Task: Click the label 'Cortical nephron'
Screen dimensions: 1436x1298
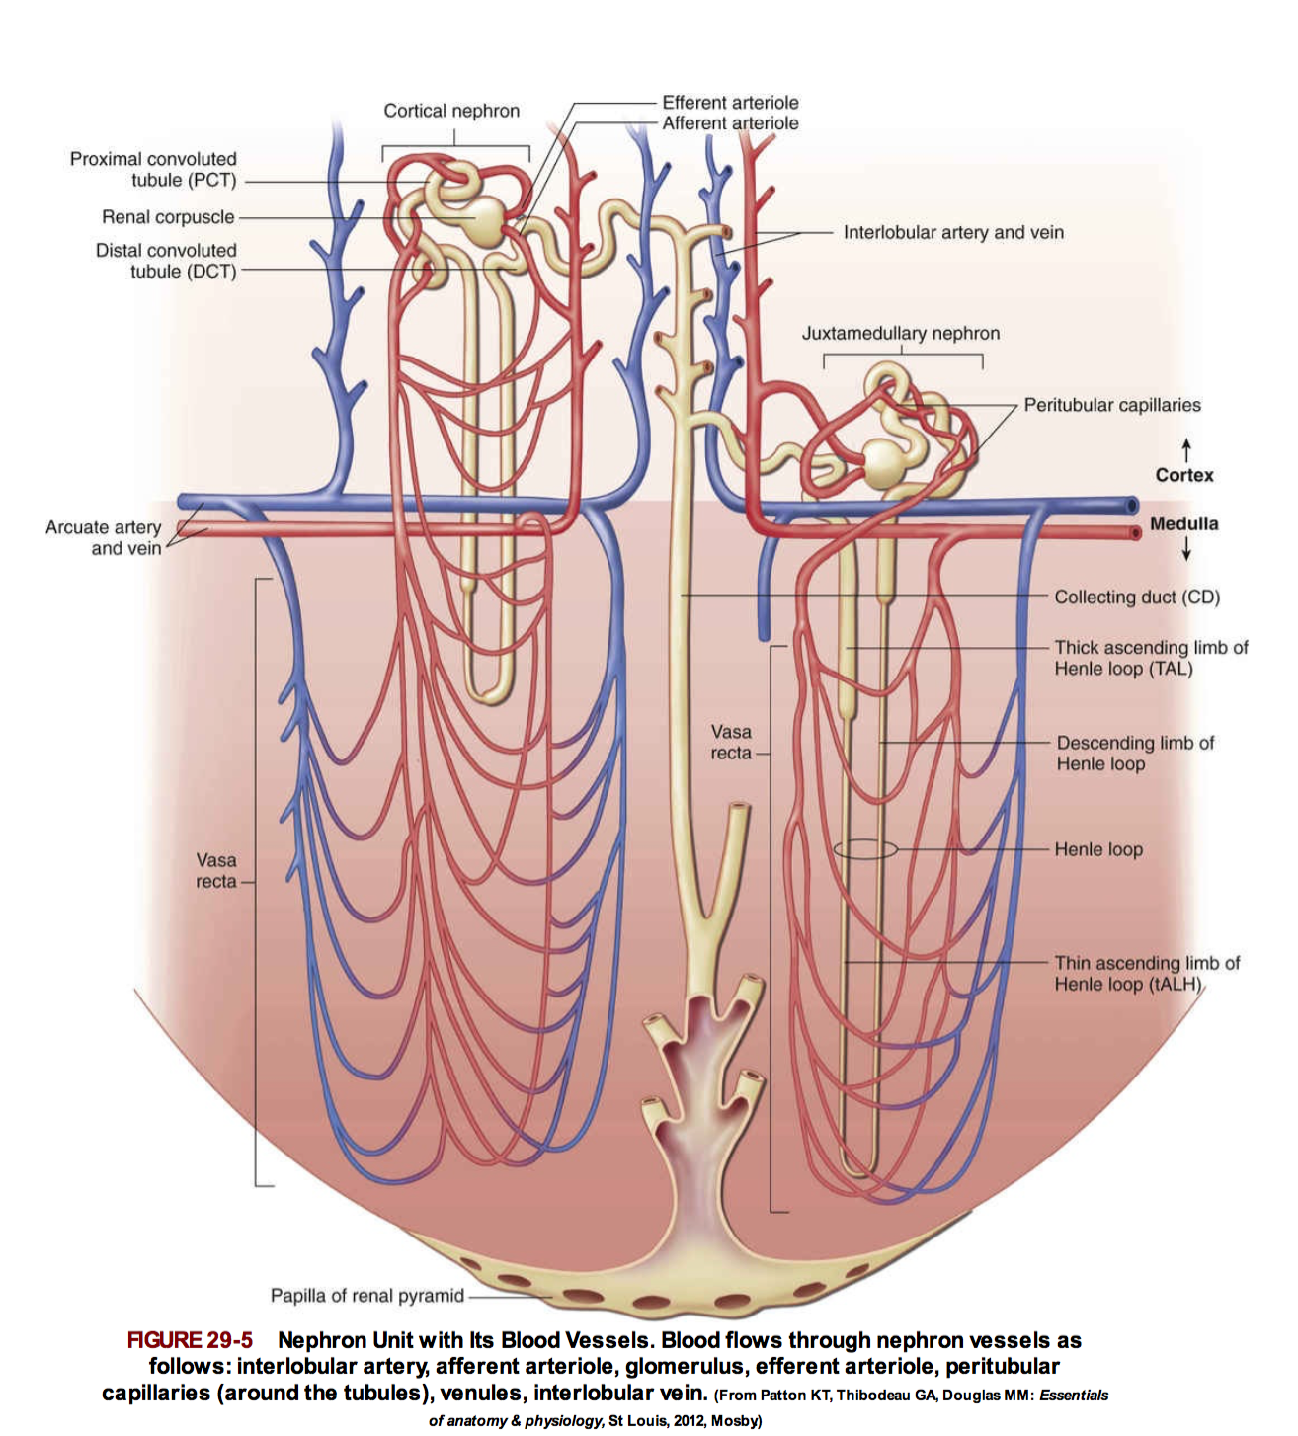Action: (451, 111)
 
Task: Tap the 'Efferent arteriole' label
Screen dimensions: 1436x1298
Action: (730, 103)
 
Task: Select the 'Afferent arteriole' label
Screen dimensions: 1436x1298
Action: (730, 123)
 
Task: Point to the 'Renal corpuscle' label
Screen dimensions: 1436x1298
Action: (168, 217)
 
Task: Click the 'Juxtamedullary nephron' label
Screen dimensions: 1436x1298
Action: (900, 334)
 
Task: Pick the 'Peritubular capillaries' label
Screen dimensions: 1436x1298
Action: (1111, 405)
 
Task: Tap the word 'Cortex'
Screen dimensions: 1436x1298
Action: (1183, 475)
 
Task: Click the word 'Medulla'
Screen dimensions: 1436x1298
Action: (1183, 524)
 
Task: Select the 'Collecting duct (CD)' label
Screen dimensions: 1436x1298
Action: (1136, 598)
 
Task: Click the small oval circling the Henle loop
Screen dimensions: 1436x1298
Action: (865, 849)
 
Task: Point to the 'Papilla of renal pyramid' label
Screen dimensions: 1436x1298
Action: (366, 1296)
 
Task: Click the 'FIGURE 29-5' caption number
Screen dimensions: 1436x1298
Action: (190, 1340)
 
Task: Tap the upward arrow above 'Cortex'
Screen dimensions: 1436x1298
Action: (1185, 449)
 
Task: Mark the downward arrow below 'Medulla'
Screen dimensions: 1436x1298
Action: (1185, 549)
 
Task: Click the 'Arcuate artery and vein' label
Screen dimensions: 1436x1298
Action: (103, 538)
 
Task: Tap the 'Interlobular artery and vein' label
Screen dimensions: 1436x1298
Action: (953, 233)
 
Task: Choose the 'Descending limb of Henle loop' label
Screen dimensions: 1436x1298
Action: (1134, 754)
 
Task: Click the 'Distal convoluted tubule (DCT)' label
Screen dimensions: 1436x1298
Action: (166, 261)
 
